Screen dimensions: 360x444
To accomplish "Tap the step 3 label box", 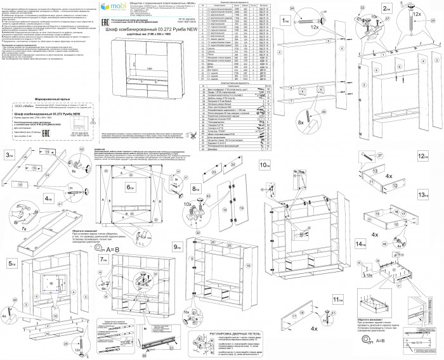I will (10, 155).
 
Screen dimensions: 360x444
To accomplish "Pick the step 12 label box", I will (422, 155).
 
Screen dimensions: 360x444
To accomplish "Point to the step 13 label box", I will (422, 194).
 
